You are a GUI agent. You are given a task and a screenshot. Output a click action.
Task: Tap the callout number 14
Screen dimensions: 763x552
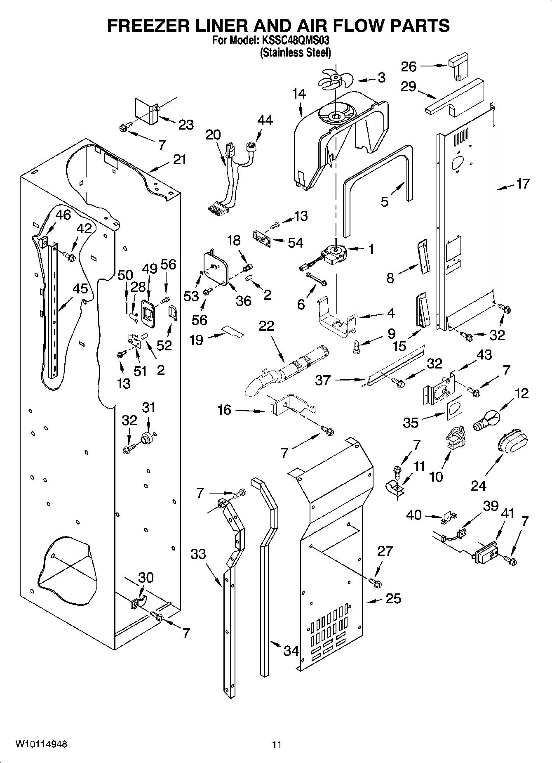(x=299, y=94)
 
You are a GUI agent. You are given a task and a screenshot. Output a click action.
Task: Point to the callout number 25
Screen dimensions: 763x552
(x=393, y=598)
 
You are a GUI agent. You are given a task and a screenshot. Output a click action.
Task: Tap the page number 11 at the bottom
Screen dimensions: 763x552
(x=276, y=745)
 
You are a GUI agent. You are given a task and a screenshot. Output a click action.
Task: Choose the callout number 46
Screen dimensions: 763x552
(x=63, y=215)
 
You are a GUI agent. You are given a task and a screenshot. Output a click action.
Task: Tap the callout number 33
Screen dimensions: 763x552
(x=198, y=554)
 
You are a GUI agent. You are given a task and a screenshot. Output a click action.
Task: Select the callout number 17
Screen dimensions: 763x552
(x=523, y=184)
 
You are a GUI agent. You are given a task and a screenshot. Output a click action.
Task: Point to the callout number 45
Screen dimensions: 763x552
(x=80, y=288)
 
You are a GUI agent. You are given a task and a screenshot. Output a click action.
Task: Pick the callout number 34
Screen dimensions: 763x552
(x=291, y=651)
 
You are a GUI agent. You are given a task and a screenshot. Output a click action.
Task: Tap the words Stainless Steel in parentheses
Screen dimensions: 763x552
(x=295, y=52)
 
